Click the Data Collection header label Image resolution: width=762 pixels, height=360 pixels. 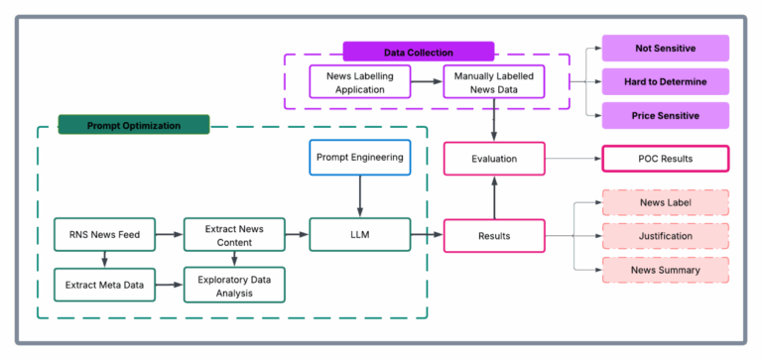(x=418, y=52)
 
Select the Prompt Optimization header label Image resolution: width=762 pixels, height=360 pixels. (x=133, y=125)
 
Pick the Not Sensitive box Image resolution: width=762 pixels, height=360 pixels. (x=666, y=48)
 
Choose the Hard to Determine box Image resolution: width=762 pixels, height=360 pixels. (x=666, y=81)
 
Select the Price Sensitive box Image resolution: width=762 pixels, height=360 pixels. (x=666, y=115)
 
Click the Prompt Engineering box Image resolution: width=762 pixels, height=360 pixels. (x=359, y=158)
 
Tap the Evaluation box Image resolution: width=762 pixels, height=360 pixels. (x=493, y=158)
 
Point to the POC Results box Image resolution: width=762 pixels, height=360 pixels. (x=666, y=159)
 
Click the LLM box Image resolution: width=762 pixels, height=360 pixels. (x=359, y=235)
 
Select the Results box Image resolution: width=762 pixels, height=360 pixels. (x=493, y=236)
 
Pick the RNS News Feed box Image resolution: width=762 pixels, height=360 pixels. (x=103, y=235)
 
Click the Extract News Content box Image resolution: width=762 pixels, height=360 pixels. (x=234, y=235)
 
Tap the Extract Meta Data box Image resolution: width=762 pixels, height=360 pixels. (x=103, y=285)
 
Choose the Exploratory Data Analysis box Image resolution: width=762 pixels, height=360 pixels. (x=234, y=285)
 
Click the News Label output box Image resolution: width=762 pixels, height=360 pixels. (x=666, y=203)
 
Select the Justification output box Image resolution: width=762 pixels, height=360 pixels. (x=666, y=237)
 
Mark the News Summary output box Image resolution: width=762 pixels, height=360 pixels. (x=666, y=270)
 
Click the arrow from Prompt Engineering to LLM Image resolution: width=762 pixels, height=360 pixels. (x=359, y=196)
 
